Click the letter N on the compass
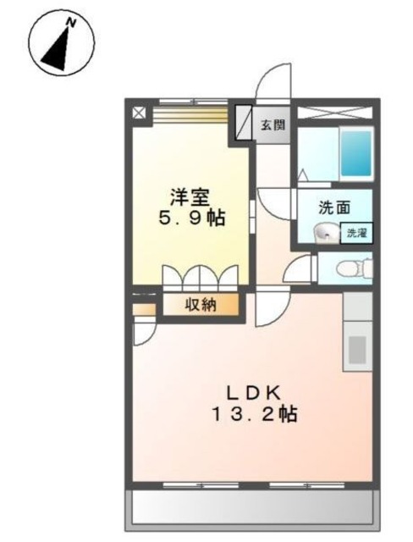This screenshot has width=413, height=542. [x=71, y=23]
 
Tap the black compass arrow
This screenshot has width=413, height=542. [x=58, y=49]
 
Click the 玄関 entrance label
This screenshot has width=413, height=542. [x=273, y=125]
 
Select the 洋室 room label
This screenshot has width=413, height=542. [x=190, y=197]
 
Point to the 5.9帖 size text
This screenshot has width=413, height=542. [x=192, y=218]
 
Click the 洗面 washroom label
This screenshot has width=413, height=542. [x=334, y=207]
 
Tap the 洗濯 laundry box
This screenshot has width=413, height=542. [x=356, y=233]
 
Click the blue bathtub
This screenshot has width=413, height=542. [x=356, y=154]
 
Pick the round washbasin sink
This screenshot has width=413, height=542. [x=326, y=235]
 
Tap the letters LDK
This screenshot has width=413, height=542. [x=253, y=393]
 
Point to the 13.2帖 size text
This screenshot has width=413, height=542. [x=255, y=414]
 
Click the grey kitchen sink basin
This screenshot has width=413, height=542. [x=357, y=349]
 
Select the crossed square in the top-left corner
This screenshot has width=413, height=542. [x=140, y=113]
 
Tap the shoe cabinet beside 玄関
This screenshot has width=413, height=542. [x=244, y=123]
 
